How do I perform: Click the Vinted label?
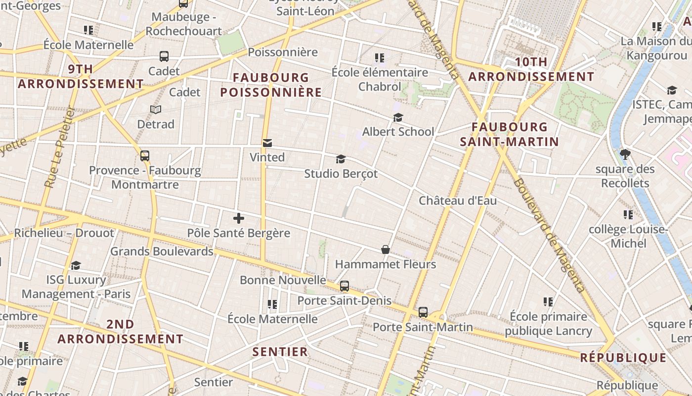(267, 157)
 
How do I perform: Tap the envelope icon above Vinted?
(267, 143)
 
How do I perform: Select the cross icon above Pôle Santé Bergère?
(239, 218)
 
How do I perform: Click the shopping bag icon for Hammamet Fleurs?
(386, 249)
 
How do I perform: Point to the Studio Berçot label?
(341, 174)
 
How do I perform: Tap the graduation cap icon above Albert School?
(398, 117)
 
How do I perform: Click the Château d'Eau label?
(458, 200)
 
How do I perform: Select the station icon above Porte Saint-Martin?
(423, 312)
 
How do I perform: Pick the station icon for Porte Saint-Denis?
(345, 286)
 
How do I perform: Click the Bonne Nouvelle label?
(283, 280)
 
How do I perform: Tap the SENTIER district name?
(280, 352)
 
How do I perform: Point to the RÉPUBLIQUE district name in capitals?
(623, 357)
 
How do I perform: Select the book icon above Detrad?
(156, 109)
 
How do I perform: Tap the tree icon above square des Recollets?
(625, 154)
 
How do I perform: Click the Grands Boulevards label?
(162, 251)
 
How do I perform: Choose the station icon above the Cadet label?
(164, 56)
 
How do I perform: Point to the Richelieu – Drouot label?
(64, 233)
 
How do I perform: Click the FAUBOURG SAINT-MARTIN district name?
(510, 134)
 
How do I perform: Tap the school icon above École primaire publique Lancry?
(548, 301)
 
